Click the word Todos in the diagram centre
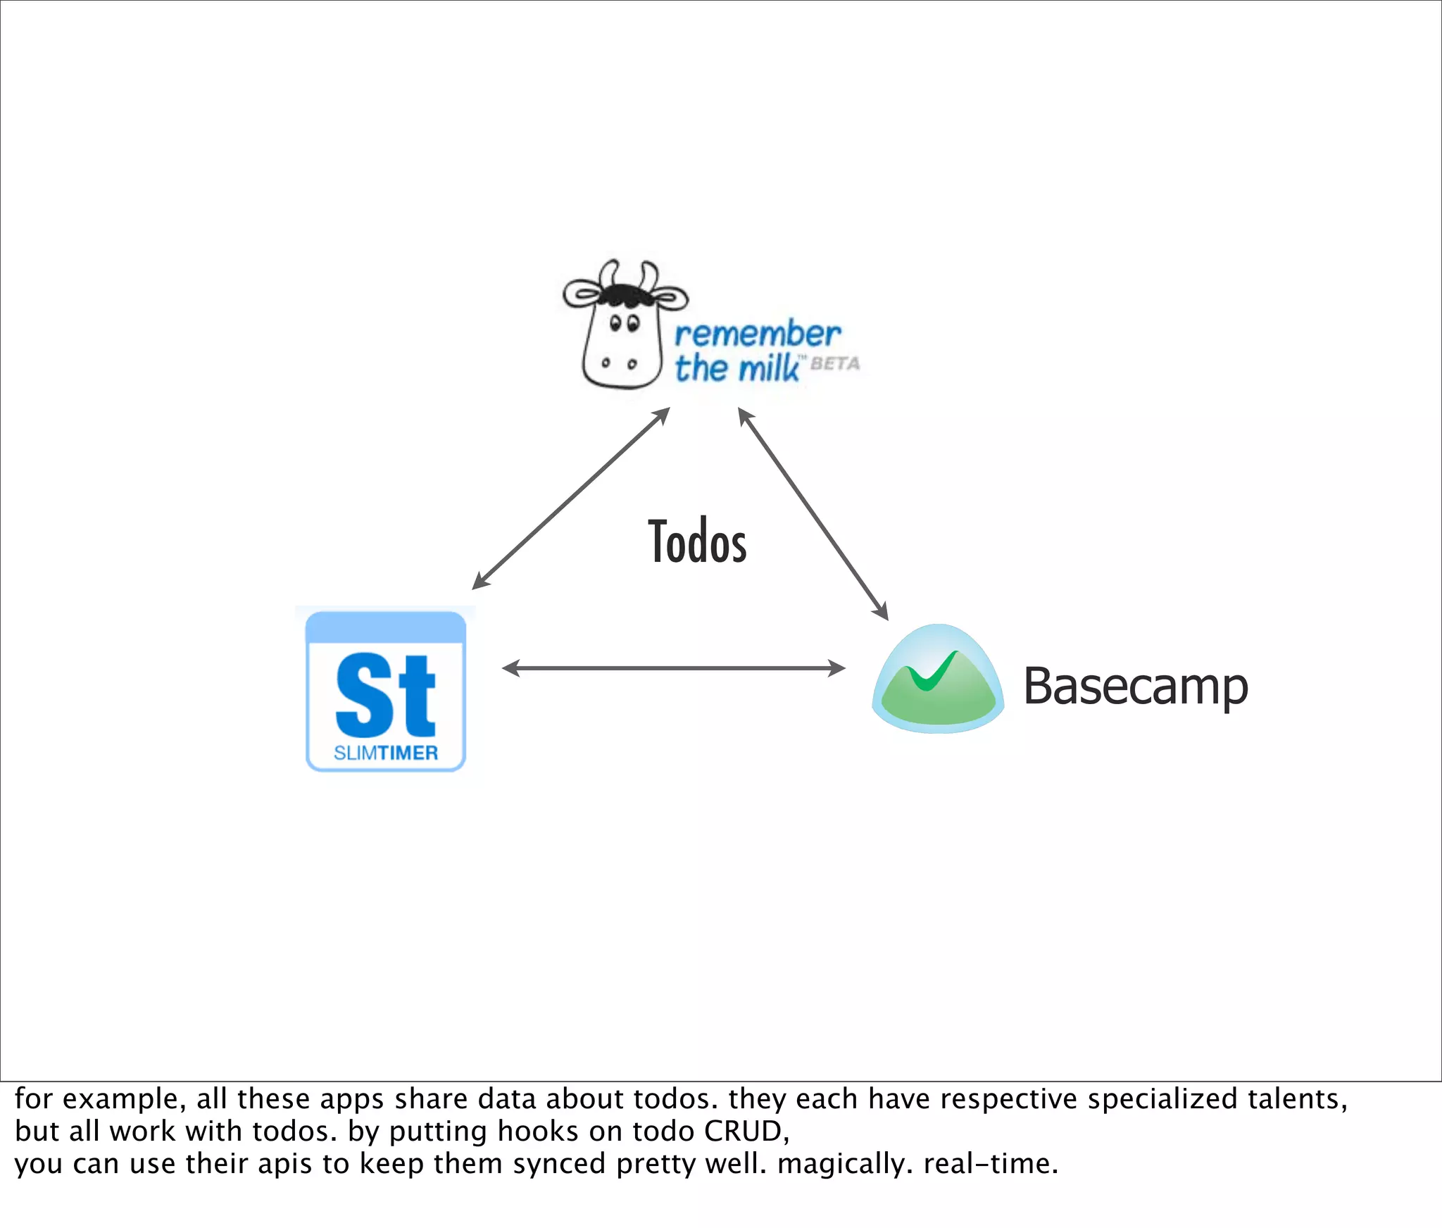point(697,541)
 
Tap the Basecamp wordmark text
point(1135,687)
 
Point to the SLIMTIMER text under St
point(386,753)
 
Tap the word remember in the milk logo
point(758,334)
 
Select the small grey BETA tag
point(835,364)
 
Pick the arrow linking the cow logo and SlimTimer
point(570,499)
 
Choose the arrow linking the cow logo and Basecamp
point(813,514)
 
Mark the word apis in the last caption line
point(284,1164)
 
